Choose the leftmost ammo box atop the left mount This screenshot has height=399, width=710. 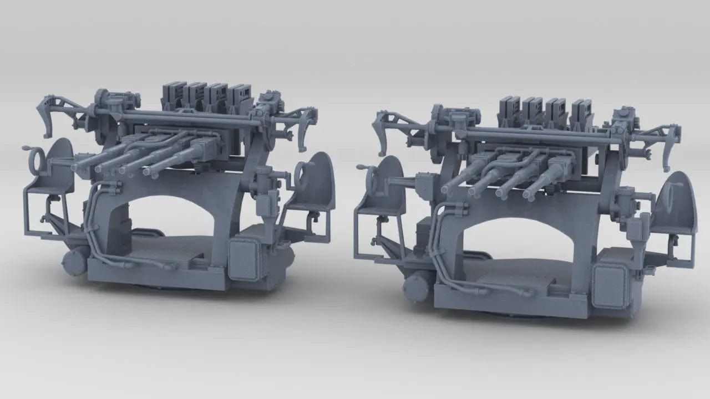(x=174, y=94)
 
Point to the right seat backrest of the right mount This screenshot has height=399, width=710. (x=679, y=199)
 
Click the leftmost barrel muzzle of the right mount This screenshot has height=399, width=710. (x=445, y=190)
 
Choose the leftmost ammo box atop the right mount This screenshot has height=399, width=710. (x=509, y=108)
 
